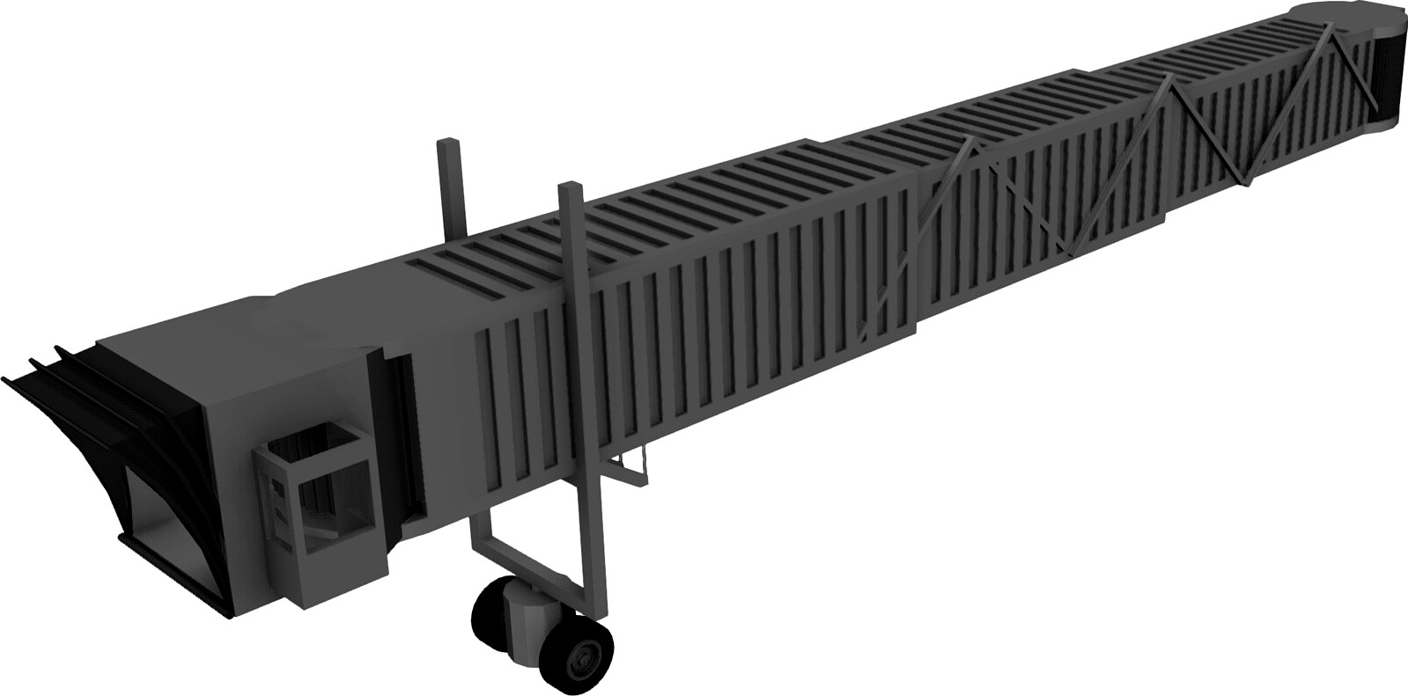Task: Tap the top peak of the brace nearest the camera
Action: (x=968, y=140)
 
